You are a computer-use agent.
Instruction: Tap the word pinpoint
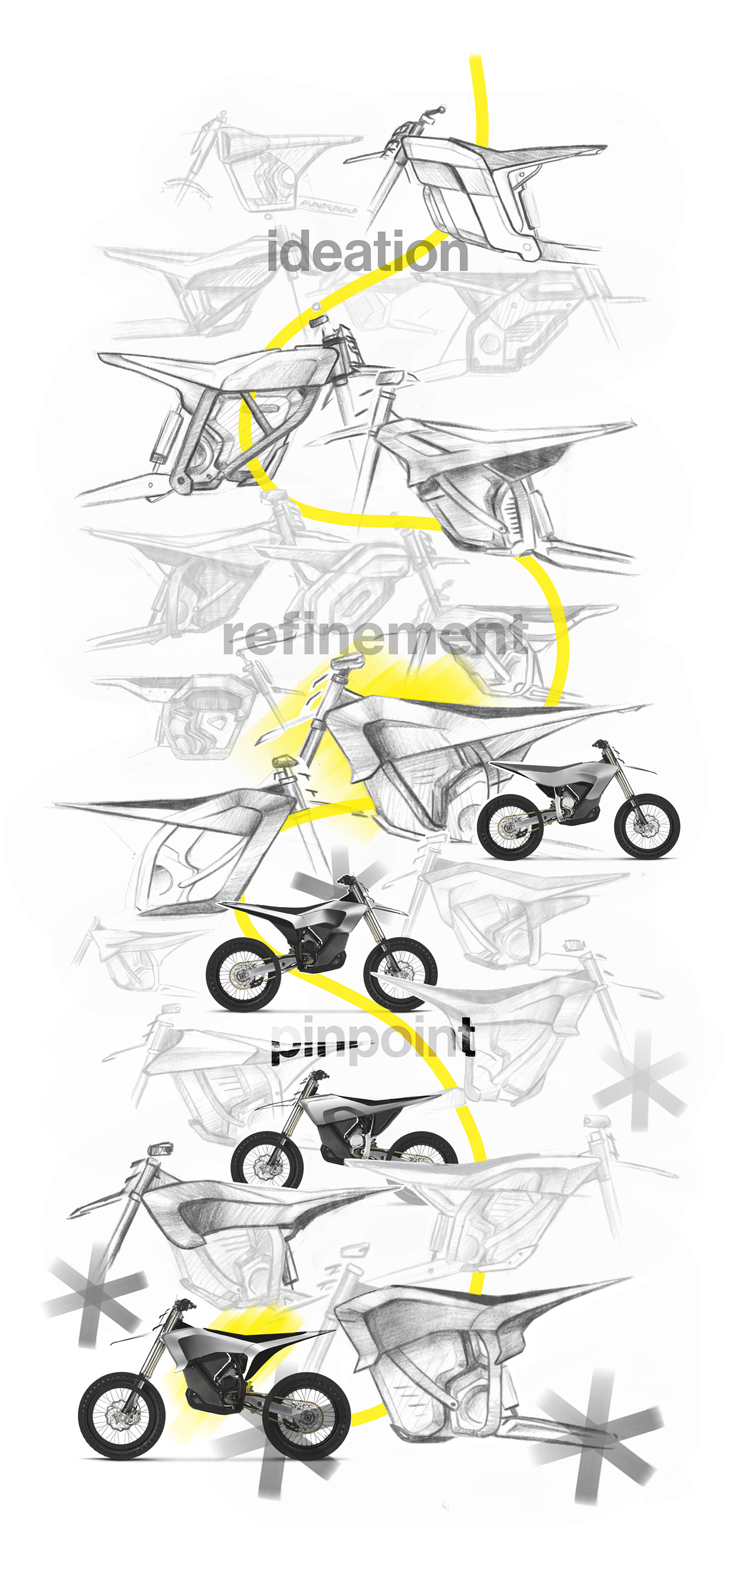pos(373,1038)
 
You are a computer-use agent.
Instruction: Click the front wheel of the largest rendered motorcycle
pos(122,1416)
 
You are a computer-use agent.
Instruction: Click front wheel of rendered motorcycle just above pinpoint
pos(400,973)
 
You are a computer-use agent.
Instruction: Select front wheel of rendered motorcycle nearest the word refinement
pos(647,826)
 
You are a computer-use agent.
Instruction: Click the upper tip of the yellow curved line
pos(475,59)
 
